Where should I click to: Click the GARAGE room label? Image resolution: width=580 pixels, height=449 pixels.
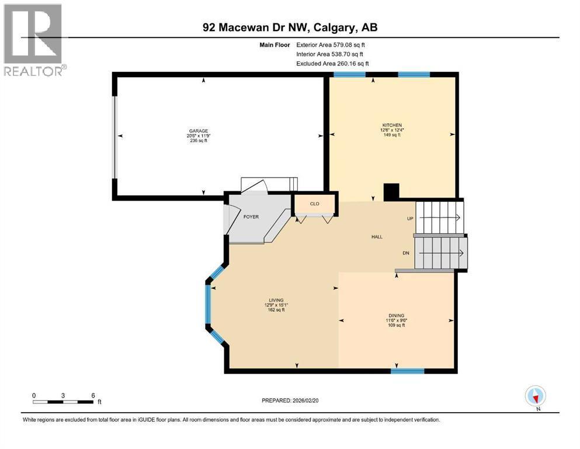coord(198,131)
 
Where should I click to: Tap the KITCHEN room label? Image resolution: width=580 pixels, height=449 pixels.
coord(392,126)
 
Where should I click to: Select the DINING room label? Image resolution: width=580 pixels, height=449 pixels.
coord(396,316)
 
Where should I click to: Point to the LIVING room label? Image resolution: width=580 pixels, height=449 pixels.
coord(276,300)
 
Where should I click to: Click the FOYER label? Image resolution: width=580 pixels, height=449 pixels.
coord(251,217)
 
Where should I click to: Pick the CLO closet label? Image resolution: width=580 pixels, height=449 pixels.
coord(314,204)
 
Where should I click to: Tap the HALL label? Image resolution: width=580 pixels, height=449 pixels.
coord(377,237)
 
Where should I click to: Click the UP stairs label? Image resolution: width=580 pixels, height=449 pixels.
coord(410,219)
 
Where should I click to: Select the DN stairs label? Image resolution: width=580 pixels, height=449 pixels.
coord(406,253)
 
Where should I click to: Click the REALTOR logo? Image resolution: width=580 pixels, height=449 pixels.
coord(34,40)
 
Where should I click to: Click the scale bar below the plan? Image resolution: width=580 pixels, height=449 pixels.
coord(63,402)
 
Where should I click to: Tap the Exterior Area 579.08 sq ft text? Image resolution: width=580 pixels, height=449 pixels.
coord(331,45)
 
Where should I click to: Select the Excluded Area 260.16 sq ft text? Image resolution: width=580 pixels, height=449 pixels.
coord(332,64)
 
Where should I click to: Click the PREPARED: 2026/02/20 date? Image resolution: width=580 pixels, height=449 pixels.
coord(290,400)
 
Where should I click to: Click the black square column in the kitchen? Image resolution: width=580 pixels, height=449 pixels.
coord(391,192)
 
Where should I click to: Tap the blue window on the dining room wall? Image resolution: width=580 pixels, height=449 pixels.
coord(408,371)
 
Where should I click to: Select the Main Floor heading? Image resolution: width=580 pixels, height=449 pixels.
coord(275,45)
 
